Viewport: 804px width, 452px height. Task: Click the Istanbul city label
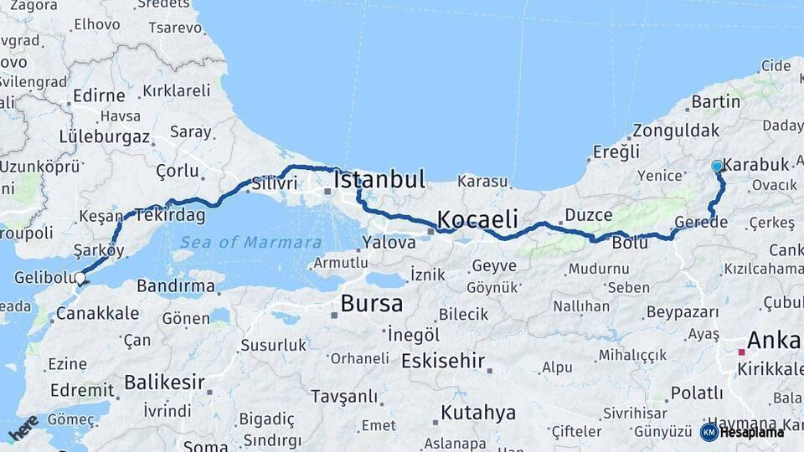[x=379, y=180]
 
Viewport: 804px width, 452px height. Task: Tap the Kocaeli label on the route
[x=477, y=219]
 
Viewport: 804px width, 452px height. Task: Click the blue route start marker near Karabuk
[x=717, y=167]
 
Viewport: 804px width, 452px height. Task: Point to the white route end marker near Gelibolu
[x=80, y=278]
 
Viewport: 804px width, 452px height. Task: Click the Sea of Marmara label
[x=250, y=243]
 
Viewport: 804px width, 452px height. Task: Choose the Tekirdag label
[x=171, y=215]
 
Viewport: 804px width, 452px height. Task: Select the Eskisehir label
[x=443, y=362]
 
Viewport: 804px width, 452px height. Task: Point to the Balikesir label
[x=164, y=383]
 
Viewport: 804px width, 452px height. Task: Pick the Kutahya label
[x=478, y=413]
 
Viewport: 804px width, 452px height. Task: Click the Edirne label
[x=99, y=95]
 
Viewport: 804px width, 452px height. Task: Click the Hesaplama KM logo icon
[x=709, y=432]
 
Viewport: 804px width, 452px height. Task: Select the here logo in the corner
[x=23, y=427]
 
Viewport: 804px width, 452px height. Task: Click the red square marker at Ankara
[x=741, y=352]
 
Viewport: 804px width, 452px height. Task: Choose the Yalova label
[x=389, y=243]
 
